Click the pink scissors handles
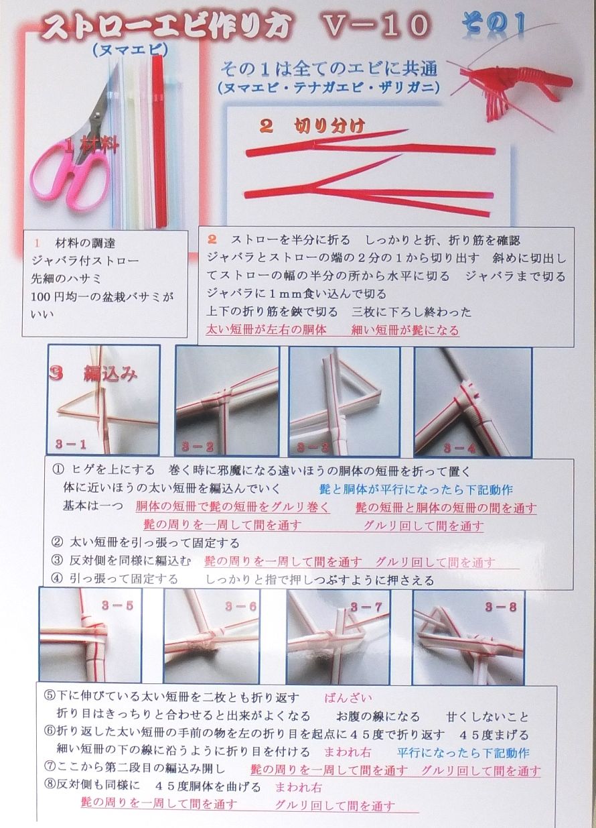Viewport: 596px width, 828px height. pyautogui.click(x=67, y=174)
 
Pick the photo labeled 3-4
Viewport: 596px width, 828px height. pyautogui.click(x=472, y=401)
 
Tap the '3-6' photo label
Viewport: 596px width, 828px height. pyautogui.click(x=240, y=607)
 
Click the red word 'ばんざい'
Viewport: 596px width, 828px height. pyautogui.click(x=348, y=698)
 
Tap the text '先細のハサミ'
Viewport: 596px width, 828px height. pyautogui.click(x=68, y=277)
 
